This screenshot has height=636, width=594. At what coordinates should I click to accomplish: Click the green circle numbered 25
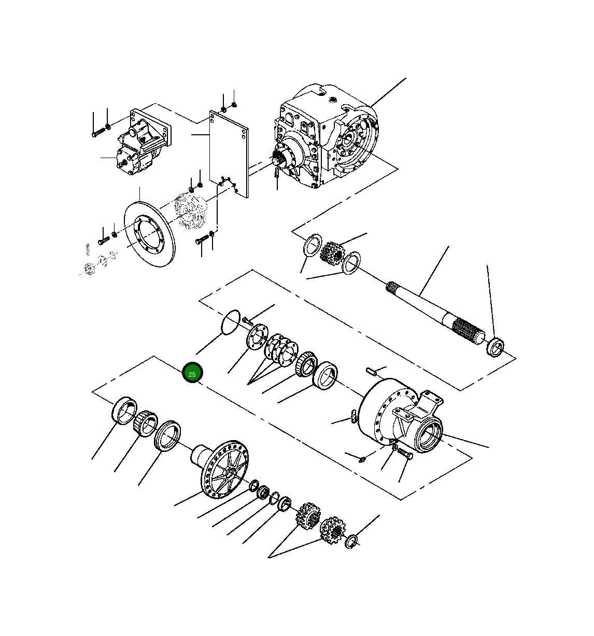(192, 373)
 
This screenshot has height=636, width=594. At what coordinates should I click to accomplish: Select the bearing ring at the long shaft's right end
(496, 346)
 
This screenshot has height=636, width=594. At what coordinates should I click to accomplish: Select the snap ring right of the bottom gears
(351, 542)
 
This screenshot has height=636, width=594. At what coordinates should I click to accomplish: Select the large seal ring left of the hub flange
(167, 436)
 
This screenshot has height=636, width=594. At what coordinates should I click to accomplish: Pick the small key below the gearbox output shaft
(277, 173)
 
